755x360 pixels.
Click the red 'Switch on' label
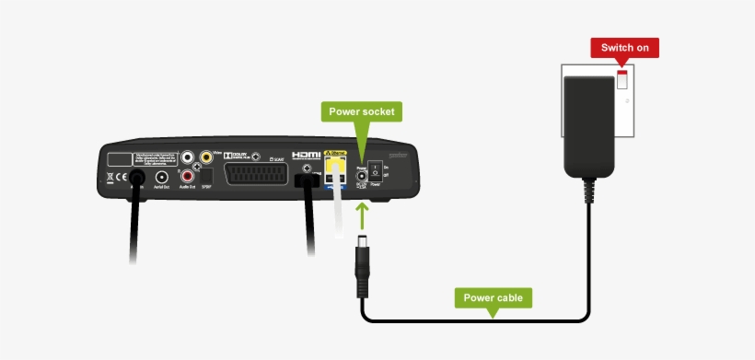pos(623,48)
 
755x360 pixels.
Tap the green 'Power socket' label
pos(362,112)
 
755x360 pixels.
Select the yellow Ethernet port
pos(335,169)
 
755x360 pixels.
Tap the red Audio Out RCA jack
pos(189,176)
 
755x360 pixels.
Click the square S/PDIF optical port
pos(207,176)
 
